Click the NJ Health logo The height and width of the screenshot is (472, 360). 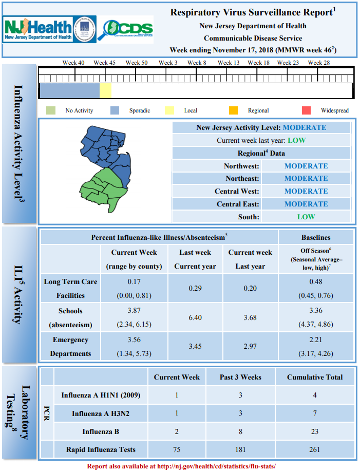[x=38, y=29]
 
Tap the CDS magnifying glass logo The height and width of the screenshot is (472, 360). [x=125, y=29]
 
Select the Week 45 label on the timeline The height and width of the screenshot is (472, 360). [x=104, y=63]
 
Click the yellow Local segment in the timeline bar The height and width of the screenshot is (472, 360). [x=106, y=90]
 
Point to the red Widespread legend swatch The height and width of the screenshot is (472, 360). [x=306, y=110]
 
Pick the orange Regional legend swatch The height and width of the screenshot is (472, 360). [x=233, y=110]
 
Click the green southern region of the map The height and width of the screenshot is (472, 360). [x=102, y=190]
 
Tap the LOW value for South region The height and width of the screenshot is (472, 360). [x=306, y=217]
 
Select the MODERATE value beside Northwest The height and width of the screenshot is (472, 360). [x=306, y=166]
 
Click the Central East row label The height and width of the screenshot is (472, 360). [x=238, y=204]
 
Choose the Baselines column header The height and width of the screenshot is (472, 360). [x=316, y=237]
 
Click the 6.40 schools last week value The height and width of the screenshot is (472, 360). [x=195, y=317]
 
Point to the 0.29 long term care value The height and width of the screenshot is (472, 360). [x=195, y=288]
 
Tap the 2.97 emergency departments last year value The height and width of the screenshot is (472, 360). [x=250, y=347]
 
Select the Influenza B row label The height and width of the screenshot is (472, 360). [x=101, y=431]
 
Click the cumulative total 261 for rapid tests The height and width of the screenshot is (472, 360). [x=314, y=449]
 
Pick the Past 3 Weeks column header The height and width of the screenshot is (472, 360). [x=240, y=377]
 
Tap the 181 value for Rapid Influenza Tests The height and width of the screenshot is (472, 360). [x=240, y=449]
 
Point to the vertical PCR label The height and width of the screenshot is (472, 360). [x=47, y=413]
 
